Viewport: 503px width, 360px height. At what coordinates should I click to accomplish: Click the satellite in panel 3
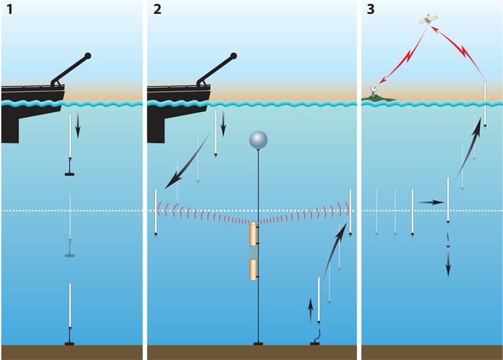pos(426,20)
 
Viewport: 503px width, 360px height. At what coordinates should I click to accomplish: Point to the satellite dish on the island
pos(373,91)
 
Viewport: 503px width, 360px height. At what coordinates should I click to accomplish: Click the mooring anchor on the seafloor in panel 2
pos(258,344)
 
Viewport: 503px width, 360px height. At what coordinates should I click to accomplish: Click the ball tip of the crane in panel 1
pos(89,56)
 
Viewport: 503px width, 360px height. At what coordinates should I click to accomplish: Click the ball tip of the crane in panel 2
pos(233,56)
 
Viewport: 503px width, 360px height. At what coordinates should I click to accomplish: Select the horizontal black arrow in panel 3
pos(429,201)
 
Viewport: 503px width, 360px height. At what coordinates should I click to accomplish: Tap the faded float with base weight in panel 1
pos(70,228)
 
